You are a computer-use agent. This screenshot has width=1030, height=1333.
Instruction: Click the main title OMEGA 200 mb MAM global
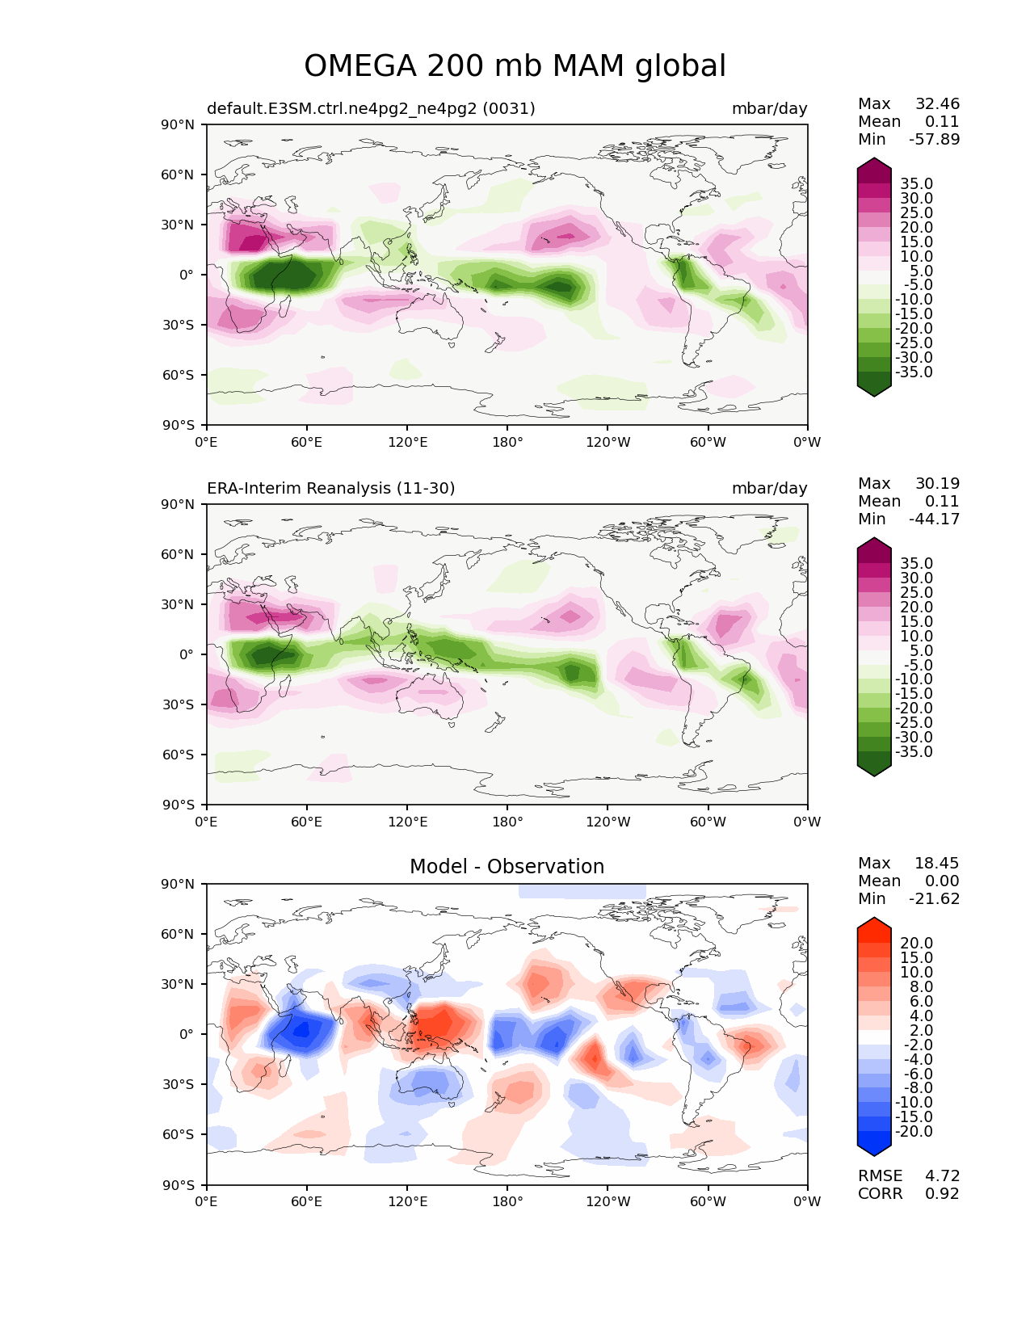coord(515,66)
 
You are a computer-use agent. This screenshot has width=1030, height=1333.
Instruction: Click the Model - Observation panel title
coord(507,867)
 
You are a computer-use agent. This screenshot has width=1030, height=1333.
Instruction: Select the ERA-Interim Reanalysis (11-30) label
coord(331,488)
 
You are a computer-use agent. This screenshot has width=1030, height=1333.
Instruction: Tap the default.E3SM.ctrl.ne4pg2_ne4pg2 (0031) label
coord(371,108)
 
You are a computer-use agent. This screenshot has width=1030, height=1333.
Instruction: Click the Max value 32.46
coord(937,103)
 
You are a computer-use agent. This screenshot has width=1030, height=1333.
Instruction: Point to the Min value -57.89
coord(934,139)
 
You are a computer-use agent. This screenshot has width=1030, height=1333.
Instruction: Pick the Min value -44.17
coord(934,519)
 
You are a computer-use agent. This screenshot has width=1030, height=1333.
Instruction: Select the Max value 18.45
coord(937,863)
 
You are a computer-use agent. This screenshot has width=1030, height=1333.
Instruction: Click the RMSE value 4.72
coord(942,1175)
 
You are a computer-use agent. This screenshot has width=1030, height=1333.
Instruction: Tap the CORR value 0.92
coord(942,1193)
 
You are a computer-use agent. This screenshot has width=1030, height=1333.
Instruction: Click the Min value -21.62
coord(934,898)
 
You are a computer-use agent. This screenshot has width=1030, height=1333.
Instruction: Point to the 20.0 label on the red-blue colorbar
coord(916,944)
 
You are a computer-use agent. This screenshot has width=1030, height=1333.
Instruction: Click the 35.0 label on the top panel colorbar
coord(916,184)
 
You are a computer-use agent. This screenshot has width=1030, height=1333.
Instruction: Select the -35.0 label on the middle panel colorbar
coord(914,751)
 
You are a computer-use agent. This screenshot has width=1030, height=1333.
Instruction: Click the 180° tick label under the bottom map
coord(507,1201)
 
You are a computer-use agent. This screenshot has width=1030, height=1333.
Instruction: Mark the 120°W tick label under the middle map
coord(607,822)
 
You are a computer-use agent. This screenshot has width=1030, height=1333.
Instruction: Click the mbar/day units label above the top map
coord(769,108)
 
